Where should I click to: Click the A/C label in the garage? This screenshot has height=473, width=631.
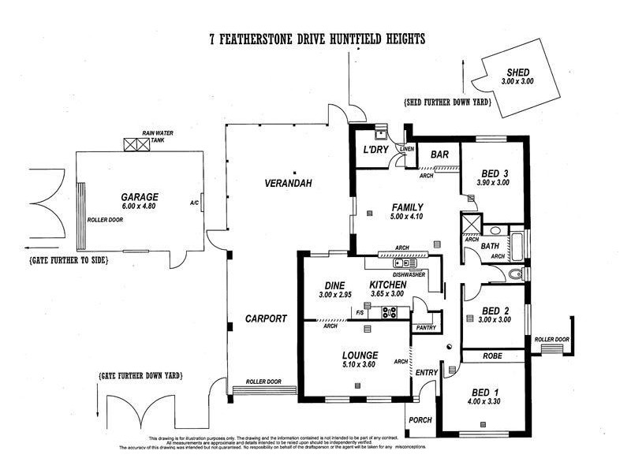click(194, 203)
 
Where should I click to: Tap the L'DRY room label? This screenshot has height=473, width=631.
click(373, 150)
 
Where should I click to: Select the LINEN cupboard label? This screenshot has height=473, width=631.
click(407, 148)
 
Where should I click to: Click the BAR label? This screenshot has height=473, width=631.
click(439, 155)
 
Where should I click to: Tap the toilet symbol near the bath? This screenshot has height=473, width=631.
click(515, 274)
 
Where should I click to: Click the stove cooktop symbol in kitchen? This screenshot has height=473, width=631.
click(389, 312)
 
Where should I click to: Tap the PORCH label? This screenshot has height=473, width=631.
click(420, 419)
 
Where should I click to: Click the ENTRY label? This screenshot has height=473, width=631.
click(426, 372)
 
